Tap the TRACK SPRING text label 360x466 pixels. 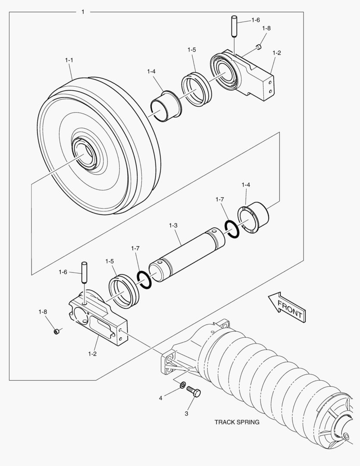(x=237, y=422)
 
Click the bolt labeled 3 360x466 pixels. (x=194, y=393)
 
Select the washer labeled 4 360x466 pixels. (x=183, y=385)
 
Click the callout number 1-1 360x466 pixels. (x=69, y=60)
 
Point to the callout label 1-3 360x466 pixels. (x=173, y=225)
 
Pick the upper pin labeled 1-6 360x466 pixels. (x=234, y=26)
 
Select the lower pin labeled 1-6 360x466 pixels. (x=84, y=273)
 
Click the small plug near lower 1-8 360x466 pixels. (x=56, y=331)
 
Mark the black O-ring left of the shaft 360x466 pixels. (x=144, y=280)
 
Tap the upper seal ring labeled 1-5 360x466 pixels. (x=196, y=89)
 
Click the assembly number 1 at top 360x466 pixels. (x=83, y=12)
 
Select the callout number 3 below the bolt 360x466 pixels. (x=186, y=413)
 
